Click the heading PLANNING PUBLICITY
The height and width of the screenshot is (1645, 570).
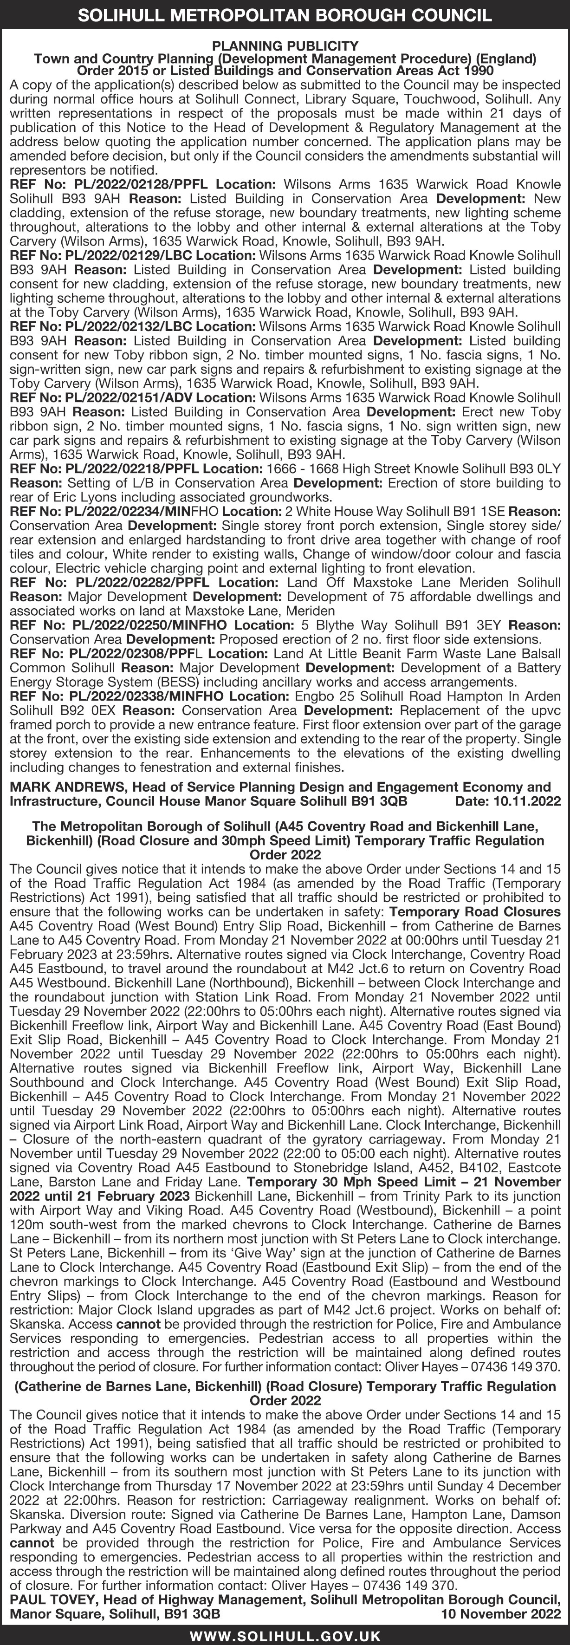[285, 46]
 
